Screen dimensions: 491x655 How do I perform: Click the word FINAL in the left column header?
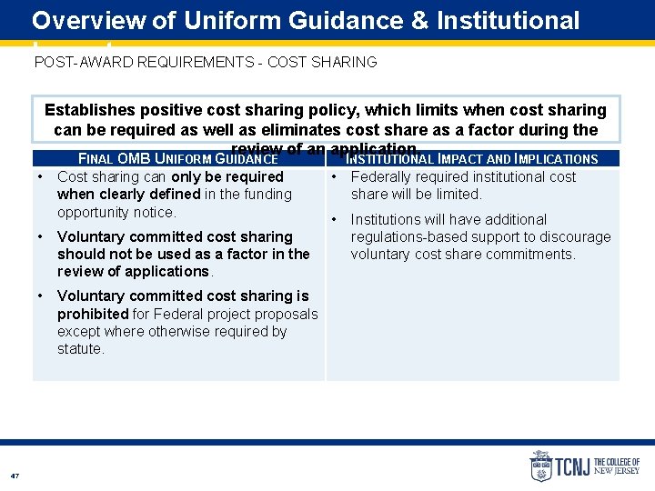coord(96,159)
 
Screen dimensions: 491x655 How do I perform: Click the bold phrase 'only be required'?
coord(227,176)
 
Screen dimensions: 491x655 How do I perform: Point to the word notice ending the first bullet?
coord(154,212)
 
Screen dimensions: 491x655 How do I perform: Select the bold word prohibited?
coord(93,314)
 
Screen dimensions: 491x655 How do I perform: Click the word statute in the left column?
coord(80,348)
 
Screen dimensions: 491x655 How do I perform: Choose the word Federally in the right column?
coord(381,176)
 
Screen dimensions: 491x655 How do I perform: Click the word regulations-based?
coord(408,236)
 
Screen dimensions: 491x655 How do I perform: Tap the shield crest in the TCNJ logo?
coord(541,466)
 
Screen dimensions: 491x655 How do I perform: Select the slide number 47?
coord(15,476)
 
